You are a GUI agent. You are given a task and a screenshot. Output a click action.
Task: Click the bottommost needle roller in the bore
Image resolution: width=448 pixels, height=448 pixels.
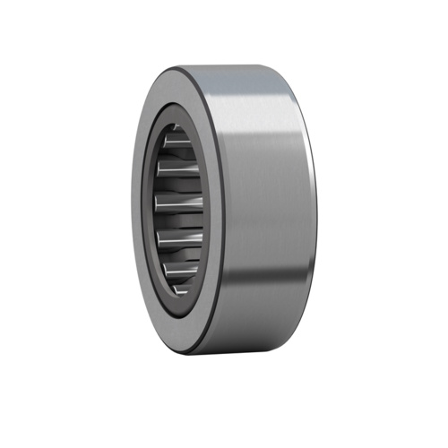(179, 284)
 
